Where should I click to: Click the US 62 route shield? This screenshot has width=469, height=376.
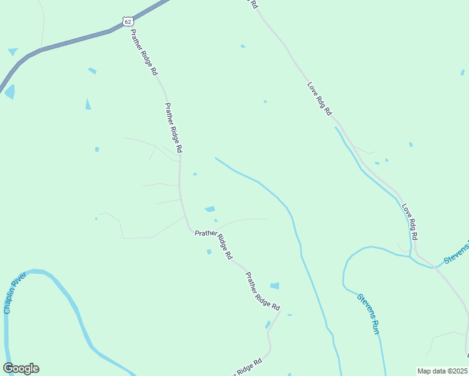click(128, 21)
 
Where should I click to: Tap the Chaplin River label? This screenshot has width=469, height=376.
click(14, 293)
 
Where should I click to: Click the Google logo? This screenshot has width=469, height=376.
click(21, 368)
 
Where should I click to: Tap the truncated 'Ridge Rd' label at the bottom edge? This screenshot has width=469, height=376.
click(248, 368)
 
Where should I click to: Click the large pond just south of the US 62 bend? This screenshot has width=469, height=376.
click(9, 91)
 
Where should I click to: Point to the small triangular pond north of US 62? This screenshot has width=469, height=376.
click(13, 51)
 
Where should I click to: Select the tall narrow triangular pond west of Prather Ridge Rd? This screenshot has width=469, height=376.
click(88, 104)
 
